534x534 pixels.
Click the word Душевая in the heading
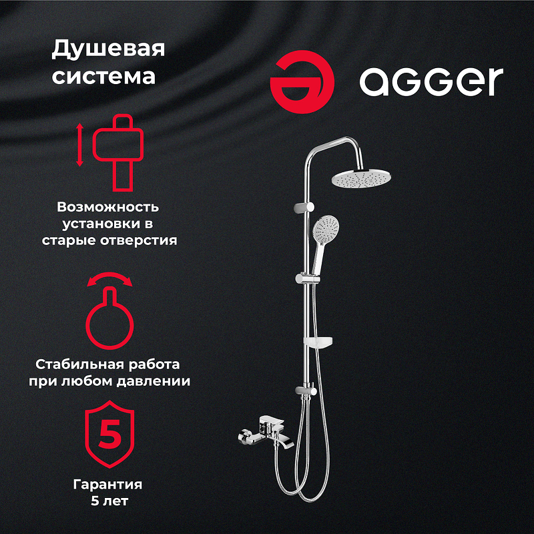[107, 49]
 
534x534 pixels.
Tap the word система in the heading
[103, 75]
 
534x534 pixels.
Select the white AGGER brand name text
[431, 82]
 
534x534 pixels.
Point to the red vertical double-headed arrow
[79, 145]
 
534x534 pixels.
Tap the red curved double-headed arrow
[107, 280]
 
